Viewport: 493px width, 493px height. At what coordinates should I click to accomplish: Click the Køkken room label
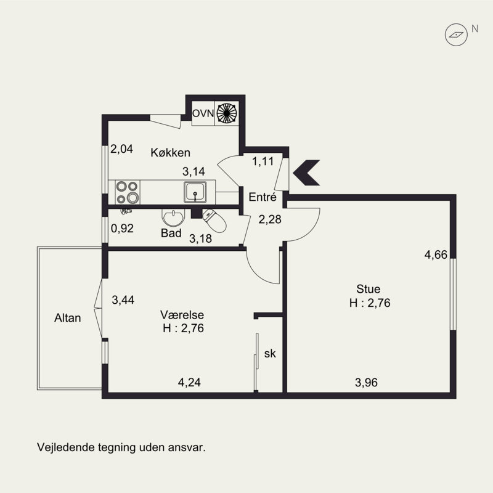[x=171, y=152]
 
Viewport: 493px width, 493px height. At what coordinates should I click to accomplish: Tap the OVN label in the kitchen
[x=203, y=113]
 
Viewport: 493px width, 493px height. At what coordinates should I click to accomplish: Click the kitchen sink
[x=195, y=192]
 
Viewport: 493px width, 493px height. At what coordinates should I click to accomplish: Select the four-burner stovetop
[x=128, y=192]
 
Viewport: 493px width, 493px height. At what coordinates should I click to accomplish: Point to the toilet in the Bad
[x=214, y=220]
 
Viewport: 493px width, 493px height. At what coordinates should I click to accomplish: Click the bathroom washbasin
[x=173, y=218]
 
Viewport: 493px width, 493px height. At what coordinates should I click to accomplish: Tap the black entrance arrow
[x=306, y=173]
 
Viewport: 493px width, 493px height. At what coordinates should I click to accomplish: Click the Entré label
[x=263, y=197]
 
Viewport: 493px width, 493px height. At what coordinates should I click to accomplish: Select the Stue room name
[x=368, y=289]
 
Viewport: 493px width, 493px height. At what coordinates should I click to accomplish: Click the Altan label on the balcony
[x=68, y=318]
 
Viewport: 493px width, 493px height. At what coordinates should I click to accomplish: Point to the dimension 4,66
[x=436, y=255]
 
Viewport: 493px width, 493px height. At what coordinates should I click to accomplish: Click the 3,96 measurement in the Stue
[x=366, y=382]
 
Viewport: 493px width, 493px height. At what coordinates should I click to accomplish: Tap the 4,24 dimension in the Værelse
[x=189, y=382]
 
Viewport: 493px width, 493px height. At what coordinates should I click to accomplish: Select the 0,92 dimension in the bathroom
[x=122, y=228]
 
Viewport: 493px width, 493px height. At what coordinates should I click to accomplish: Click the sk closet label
[x=270, y=353]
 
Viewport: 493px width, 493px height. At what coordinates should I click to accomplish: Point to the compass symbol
[x=456, y=35]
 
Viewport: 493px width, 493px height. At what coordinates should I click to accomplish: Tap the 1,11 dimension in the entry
[x=263, y=161]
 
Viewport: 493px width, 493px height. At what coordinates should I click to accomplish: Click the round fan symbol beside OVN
[x=227, y=113]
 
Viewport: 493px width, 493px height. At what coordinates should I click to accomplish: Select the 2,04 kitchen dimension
[x=121, y=149]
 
